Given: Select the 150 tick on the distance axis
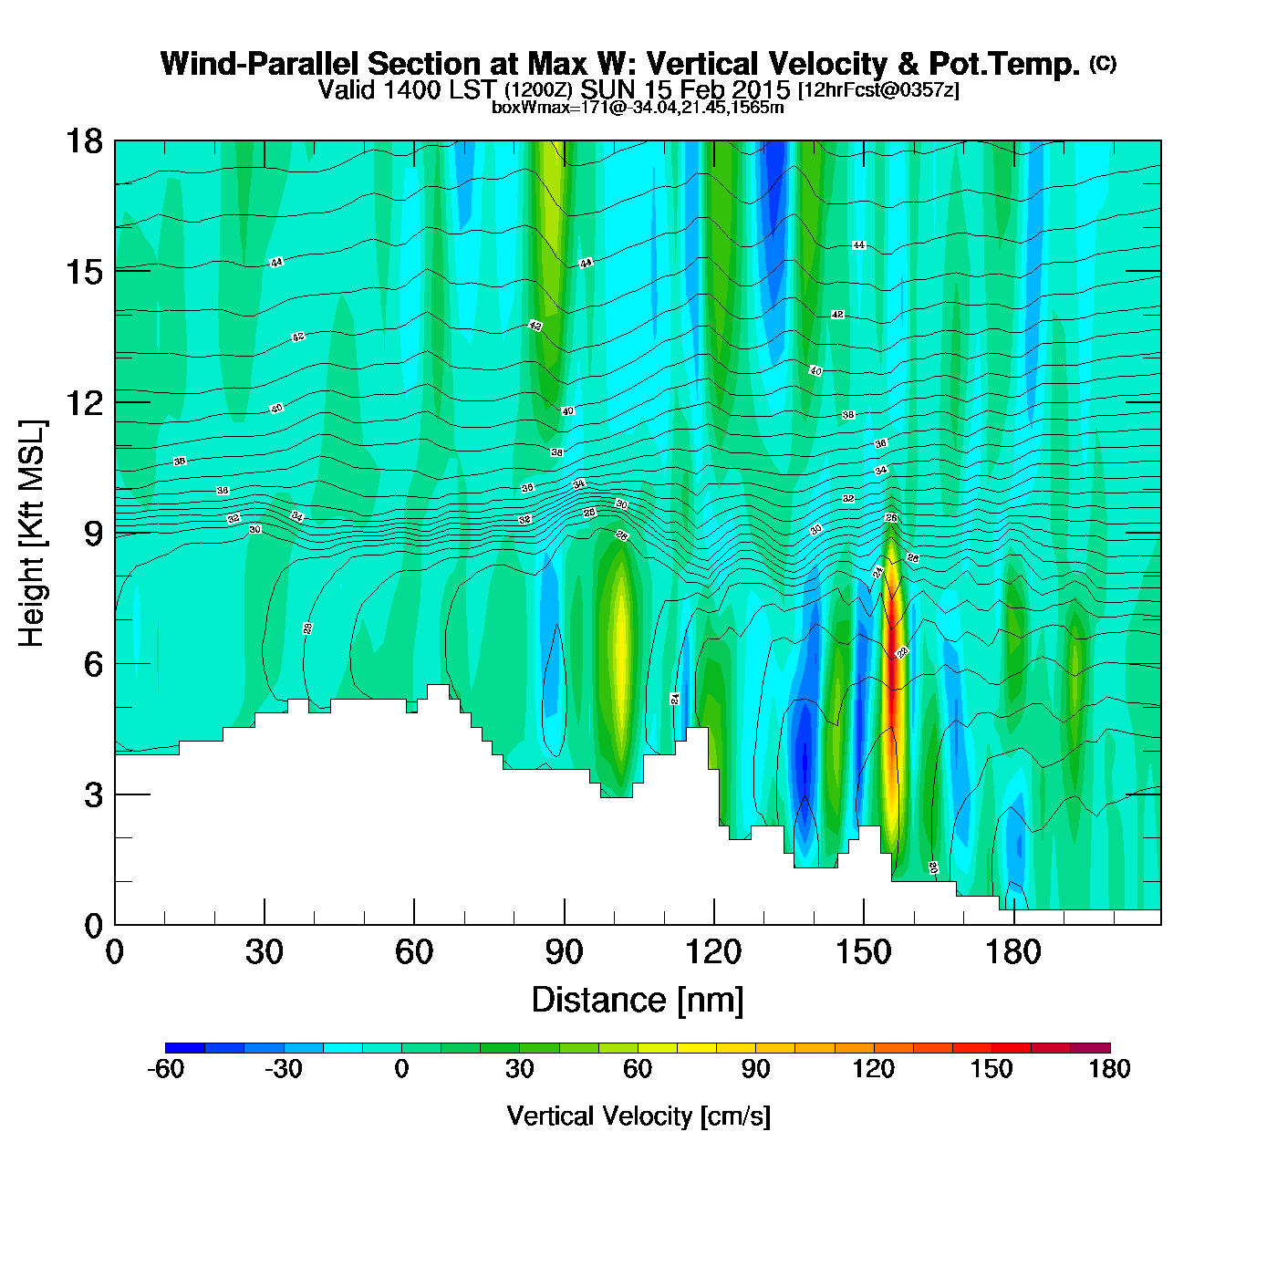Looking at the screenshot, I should [x=864, y=953].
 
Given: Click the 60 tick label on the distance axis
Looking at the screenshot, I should [x=414, y=953].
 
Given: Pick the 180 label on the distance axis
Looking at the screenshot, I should [x=1013, y=953].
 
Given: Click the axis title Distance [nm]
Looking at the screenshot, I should [x=638, y=1001].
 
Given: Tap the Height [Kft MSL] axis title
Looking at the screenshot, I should [x=32, y=534].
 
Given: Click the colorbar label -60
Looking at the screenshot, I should [x=165, y=1069].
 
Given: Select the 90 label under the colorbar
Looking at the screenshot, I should [x=755, y=1069].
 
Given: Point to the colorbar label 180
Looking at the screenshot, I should [x=1109, y=1069].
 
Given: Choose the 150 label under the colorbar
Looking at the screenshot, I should [x=991, y=1069].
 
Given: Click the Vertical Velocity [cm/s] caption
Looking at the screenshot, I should [x=638, y=1116].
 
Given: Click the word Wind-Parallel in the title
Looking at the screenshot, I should [x=261, y=65].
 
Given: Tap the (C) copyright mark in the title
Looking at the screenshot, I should [x=1103, y=63].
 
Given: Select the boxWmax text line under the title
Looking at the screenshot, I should [x=638, y=108].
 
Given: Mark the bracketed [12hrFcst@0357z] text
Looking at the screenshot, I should [x=878, y=91].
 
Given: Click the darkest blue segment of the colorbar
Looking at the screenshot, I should [x=185, y=1048].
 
